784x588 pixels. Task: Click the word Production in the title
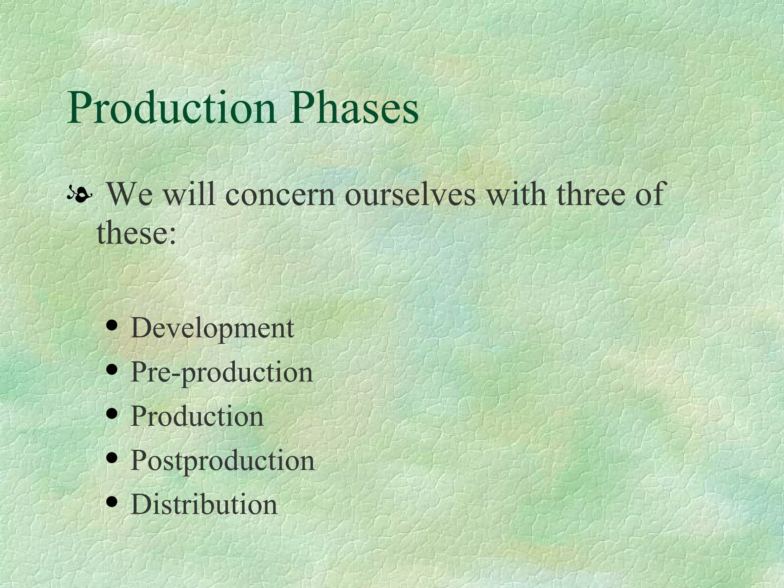(171, 108)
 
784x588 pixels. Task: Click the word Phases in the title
(354, 108)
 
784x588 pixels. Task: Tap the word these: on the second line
(136, 233)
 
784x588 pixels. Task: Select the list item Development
(212, 328)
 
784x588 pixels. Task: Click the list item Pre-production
(222, 372)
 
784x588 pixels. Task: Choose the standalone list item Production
(197, 416)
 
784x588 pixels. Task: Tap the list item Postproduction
(222, 461)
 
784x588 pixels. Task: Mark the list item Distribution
(204, 505)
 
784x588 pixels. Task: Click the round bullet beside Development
(112, 326)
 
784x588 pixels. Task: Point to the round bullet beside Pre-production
(112, 370)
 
